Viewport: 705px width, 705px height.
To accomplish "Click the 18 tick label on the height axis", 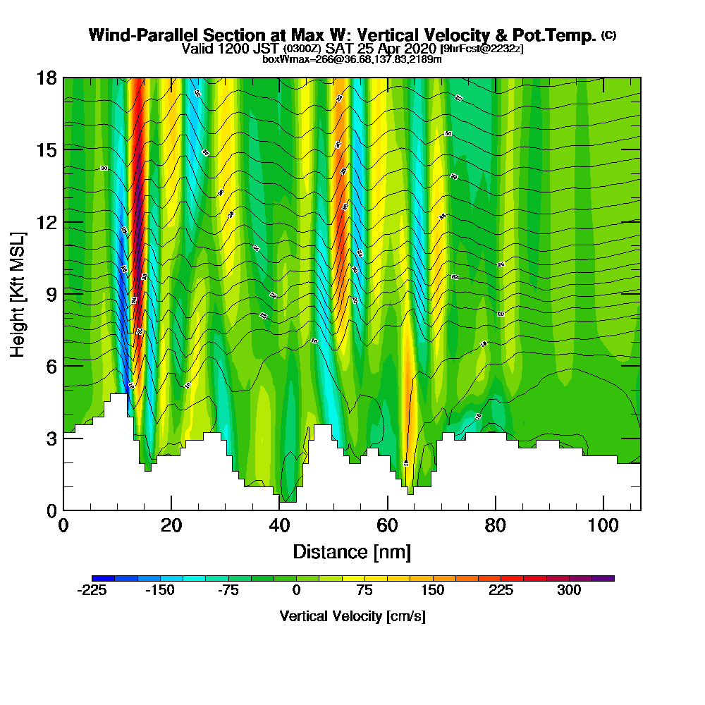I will [46, 78].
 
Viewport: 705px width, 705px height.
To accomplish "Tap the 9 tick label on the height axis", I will [51, 293].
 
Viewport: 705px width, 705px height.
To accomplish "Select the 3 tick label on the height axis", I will [51, 438].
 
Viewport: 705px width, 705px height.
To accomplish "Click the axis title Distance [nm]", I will [352, 551].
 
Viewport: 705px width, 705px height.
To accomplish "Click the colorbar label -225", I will [92, 590].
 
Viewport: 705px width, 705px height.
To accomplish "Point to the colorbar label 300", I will [569, 590].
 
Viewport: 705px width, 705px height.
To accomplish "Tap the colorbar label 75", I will [364, 590].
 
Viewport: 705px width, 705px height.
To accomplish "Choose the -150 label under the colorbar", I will [160, 590].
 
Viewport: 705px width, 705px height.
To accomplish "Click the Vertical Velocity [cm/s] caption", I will [352, 616].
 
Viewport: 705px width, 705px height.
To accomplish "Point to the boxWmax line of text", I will [352, 59].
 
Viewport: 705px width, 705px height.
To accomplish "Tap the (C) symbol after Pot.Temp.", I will [608, 35].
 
